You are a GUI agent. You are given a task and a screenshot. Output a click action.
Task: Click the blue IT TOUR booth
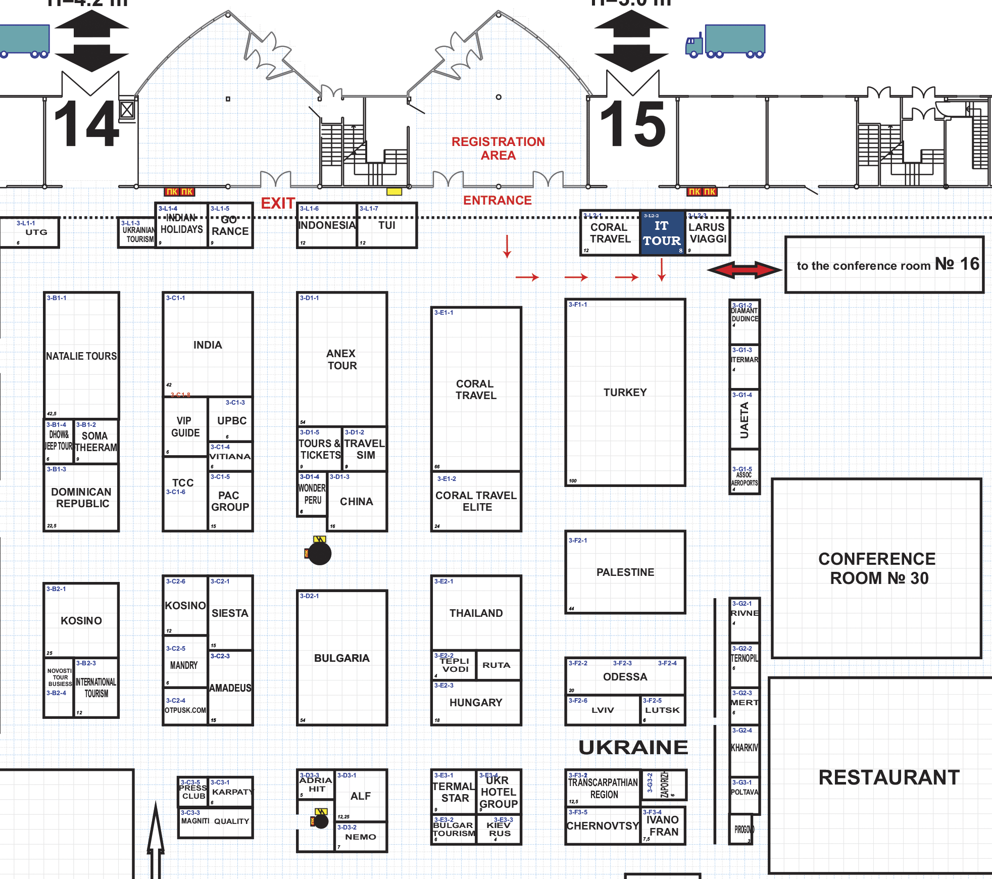(662, 233)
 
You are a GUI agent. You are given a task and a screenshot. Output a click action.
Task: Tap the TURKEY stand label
(625, 393)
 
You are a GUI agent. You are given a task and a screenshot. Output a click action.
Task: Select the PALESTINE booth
(625, 572)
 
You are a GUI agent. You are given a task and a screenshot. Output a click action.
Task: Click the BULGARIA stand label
(341, 658)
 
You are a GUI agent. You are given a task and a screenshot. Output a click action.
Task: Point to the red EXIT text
(278, 203)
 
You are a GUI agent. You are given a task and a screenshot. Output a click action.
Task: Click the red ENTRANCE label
(497, 201)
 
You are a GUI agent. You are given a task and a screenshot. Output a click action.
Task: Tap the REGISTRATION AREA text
(498, 149)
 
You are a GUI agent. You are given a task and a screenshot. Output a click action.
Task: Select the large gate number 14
(87, 124)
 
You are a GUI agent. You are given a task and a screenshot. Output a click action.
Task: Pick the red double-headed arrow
(745, 270)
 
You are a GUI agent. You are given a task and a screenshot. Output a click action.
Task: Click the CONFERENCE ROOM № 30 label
(877, 568)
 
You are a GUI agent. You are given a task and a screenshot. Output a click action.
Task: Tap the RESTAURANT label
(889, 777)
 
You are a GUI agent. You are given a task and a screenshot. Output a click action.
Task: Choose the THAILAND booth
(476, 613)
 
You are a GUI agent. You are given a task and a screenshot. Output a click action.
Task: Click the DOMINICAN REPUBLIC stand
(81, 498)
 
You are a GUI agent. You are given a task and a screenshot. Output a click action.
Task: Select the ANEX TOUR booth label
(342, 359)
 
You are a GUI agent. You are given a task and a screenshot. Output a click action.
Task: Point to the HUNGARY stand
(476, 703)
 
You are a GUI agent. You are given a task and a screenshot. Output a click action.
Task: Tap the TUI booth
(387, 226)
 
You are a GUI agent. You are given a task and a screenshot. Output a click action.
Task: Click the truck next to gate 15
(725, 41)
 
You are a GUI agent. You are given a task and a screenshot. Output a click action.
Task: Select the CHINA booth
(357, 502)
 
